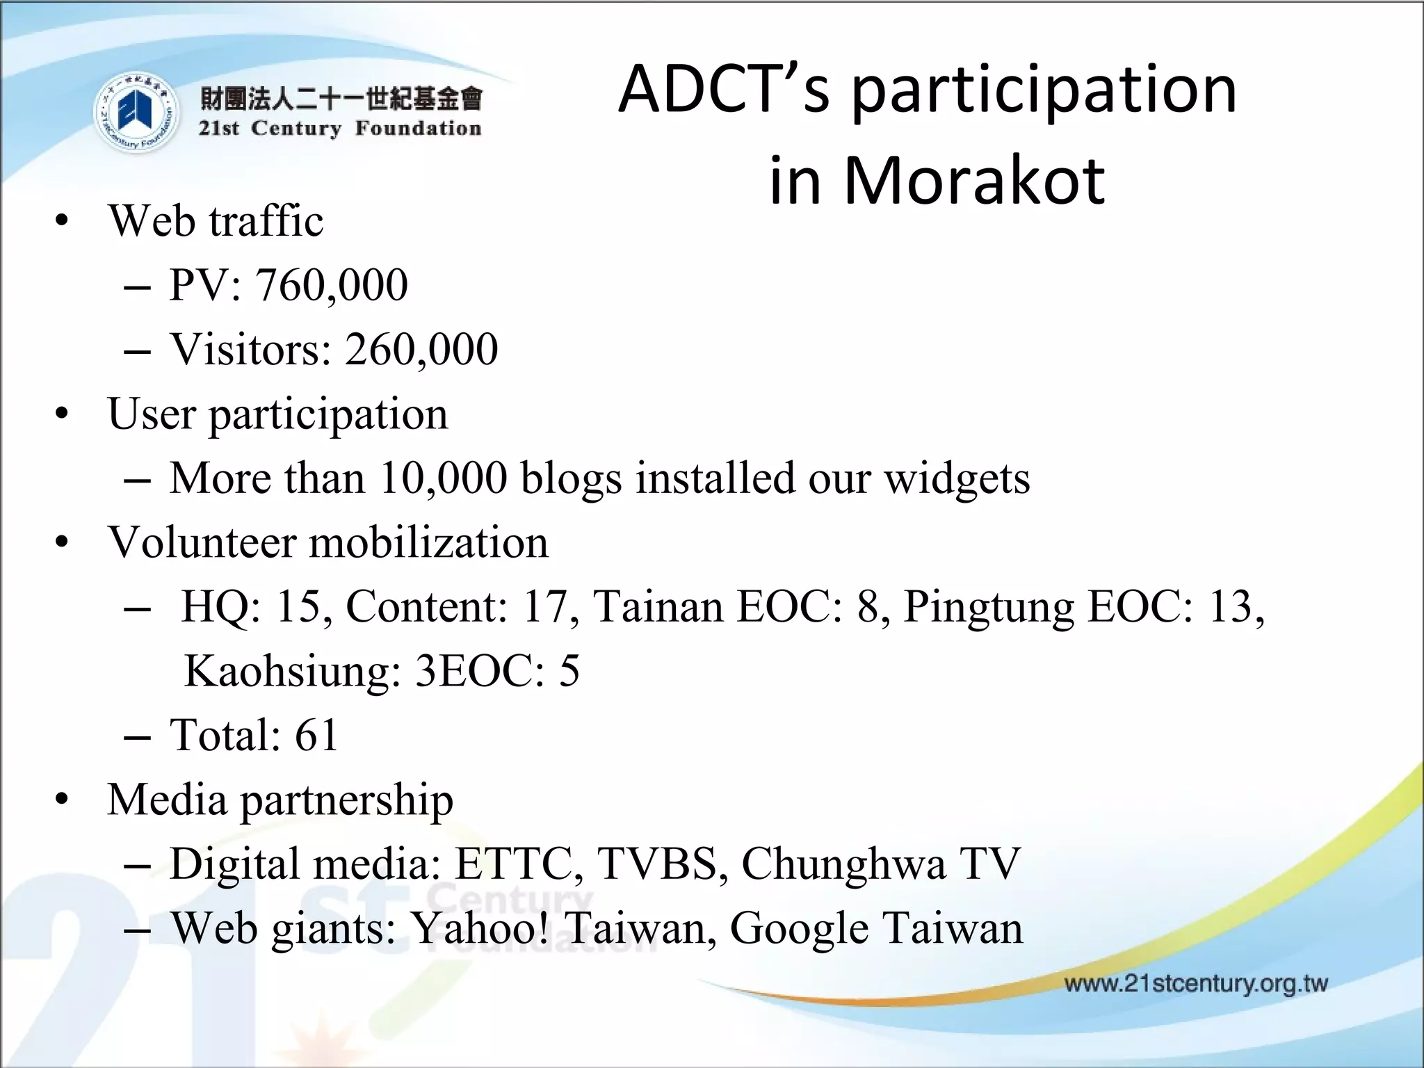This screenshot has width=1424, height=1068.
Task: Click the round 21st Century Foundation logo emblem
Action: click(135, 113)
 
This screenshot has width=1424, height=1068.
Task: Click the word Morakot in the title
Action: click(973, 181)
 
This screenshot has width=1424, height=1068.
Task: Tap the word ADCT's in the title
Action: click(724, 90)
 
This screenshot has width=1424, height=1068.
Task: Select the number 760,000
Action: click(332, 285)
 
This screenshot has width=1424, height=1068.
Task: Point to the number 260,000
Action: click(421, 349)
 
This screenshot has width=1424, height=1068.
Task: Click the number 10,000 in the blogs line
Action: click(444, 478)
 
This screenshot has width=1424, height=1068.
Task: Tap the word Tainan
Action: click(657, 606)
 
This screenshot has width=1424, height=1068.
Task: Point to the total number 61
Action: click(316, 735)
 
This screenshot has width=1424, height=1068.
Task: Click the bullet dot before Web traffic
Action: click(63, 222)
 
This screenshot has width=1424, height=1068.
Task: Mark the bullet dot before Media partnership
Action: click(63, 800)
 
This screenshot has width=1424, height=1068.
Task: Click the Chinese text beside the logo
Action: click(340, 99)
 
